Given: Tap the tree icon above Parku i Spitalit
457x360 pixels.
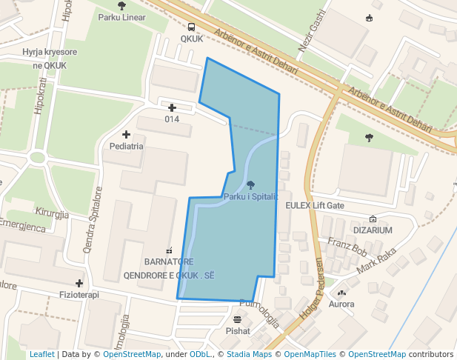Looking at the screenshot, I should click(x=250, y=184).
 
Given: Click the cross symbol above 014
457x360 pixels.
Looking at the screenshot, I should click(x=172, y=108).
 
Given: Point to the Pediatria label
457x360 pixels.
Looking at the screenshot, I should click(x=126, y=146).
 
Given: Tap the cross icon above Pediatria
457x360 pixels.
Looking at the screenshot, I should click(x=126, y=134).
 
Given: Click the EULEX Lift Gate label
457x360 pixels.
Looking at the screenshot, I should click(x=315, y=205).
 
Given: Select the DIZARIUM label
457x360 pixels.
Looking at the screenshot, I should click(x=372, y=230).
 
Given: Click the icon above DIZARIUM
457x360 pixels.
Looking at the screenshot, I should click(x=372, y=219).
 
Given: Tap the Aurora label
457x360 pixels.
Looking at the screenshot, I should click(x=341, y=304).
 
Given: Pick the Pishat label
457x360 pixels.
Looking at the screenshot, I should click(x=238, y=331).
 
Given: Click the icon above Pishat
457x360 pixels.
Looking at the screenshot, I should click(x=237, y=319).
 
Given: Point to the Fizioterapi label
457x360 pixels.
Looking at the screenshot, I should click(x=79, y=295).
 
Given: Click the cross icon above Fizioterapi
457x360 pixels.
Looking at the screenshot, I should click(x=79, y=283).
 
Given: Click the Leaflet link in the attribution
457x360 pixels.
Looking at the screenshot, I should click(x=42, y=354).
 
